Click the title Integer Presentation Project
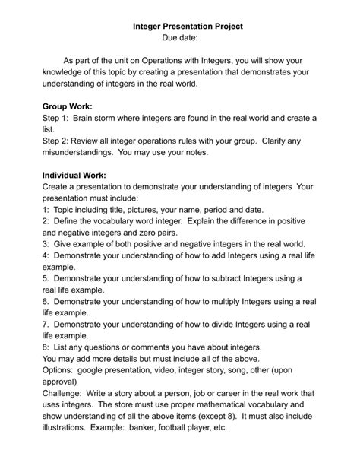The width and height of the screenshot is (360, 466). [x=188, y=26]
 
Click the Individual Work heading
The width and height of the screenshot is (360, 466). [x=74, y=175]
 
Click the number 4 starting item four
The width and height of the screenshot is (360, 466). [x=46, y=256]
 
